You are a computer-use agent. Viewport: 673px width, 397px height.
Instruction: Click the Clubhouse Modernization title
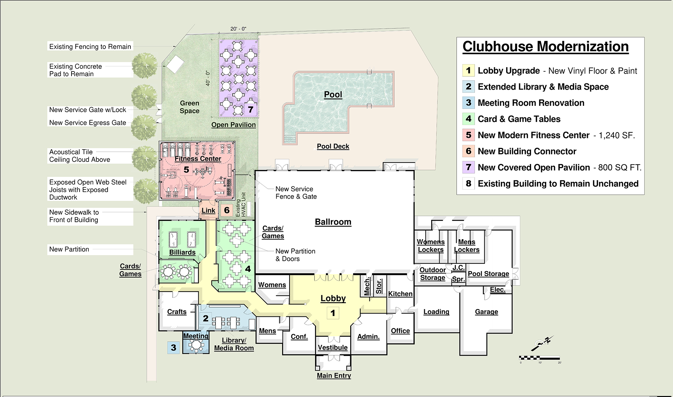click(x=545, y=47)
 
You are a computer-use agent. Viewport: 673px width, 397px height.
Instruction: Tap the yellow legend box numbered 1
click(x=468, y=70)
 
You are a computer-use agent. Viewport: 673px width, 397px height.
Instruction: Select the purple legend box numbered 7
click(x=468, y=167)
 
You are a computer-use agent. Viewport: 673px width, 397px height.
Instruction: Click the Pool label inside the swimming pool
click(x=333, y=95)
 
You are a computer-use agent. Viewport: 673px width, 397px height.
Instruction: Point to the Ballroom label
click(x=333, y=222)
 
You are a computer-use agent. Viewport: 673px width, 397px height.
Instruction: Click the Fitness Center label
click(x=198, y=159)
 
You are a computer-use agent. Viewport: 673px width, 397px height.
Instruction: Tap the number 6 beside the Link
click(x=227, y=210)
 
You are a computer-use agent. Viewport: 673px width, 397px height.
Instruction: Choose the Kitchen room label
click(x=400, y=294)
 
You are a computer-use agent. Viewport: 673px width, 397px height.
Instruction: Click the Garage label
click(x=487, y=312)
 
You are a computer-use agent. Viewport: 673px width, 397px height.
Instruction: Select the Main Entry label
click(x=334, y=376)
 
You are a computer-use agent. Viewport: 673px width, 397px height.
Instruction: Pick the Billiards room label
click(x=182, y=252)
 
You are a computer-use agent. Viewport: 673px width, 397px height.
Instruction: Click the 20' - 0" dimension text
click(x=238, y=29)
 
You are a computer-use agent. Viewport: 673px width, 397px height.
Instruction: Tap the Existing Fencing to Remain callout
click(x=90, y=47)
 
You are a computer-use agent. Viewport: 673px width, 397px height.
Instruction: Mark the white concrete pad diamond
click(x=175, y=64)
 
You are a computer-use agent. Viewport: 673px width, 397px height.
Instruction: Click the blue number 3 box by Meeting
click(x=174, y=348)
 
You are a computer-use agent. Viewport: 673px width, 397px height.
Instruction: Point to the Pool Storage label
click(x=488, y=274)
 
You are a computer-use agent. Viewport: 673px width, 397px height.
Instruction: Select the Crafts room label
click(x=177, y=312)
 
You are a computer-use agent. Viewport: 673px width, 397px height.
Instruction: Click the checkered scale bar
click(x=539, y=358)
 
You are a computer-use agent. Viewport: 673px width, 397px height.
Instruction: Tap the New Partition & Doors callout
click(x=295, y=255)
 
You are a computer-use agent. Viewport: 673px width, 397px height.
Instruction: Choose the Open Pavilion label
click(x=233, y=125)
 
